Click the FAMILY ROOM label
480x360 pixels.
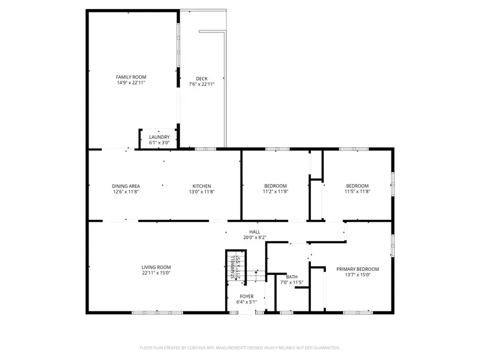point(131,77)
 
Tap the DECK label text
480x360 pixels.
point(202,79)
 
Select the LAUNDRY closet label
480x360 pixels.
point(159,137)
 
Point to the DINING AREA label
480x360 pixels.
point(126,186)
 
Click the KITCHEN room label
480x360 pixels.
point(202,186)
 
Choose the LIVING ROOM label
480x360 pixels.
point(156,267)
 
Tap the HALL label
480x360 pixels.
point(255,231)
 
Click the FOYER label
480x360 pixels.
point(246,297)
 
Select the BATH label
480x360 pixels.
point(292,277)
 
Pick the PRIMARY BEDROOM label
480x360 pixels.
point(357,269)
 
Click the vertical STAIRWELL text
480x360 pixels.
point(233,267)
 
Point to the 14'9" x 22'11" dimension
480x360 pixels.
point(131,83)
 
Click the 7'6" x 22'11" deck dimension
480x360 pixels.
point(202,84)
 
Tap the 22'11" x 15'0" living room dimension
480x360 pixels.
point(156,273)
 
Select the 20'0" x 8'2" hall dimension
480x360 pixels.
point(255,237)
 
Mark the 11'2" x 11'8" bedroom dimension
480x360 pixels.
point(276,191)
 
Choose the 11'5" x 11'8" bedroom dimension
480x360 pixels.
point(357,191)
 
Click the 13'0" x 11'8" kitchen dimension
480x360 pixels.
point(202,191)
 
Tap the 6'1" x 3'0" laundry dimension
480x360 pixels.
point(159,142)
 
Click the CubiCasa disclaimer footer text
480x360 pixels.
point(240,348)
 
